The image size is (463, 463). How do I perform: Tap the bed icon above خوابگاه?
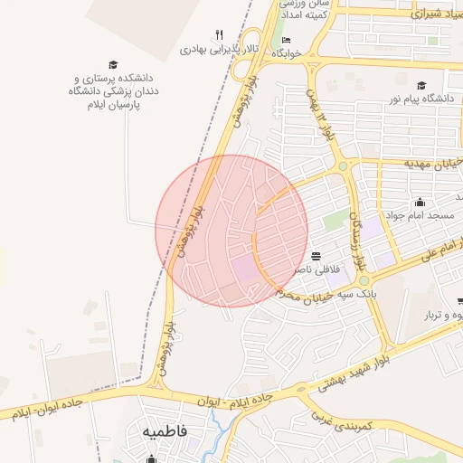[287, 40]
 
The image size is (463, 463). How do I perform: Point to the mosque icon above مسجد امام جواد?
[420, 202]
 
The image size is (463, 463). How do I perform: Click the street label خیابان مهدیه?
[433, 163]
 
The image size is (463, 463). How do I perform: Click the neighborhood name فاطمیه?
[165, 431]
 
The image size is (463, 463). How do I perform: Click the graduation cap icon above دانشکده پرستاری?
[113, 64]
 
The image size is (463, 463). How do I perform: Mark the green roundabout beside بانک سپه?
[363, 281]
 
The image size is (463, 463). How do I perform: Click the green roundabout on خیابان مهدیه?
[343, 166]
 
